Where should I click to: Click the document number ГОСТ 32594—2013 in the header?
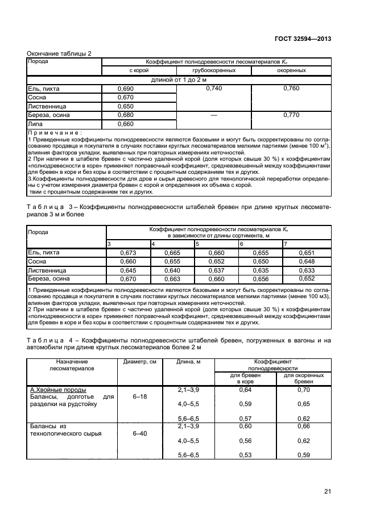point(303,39)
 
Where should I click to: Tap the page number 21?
point(327,491)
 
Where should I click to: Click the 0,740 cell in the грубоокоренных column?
point(214,89)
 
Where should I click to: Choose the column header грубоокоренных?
point(214,70)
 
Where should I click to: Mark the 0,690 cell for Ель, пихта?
point(125,89)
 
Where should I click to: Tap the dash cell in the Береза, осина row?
point(214,115)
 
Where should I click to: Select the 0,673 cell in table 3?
point(128,253)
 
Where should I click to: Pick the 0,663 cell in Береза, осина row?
point(172,279)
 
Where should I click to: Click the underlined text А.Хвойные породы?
point(57,390)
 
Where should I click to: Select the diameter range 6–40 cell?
point(139,433)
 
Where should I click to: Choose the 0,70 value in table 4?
point(304,390)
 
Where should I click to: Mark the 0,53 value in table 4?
point(245,455)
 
